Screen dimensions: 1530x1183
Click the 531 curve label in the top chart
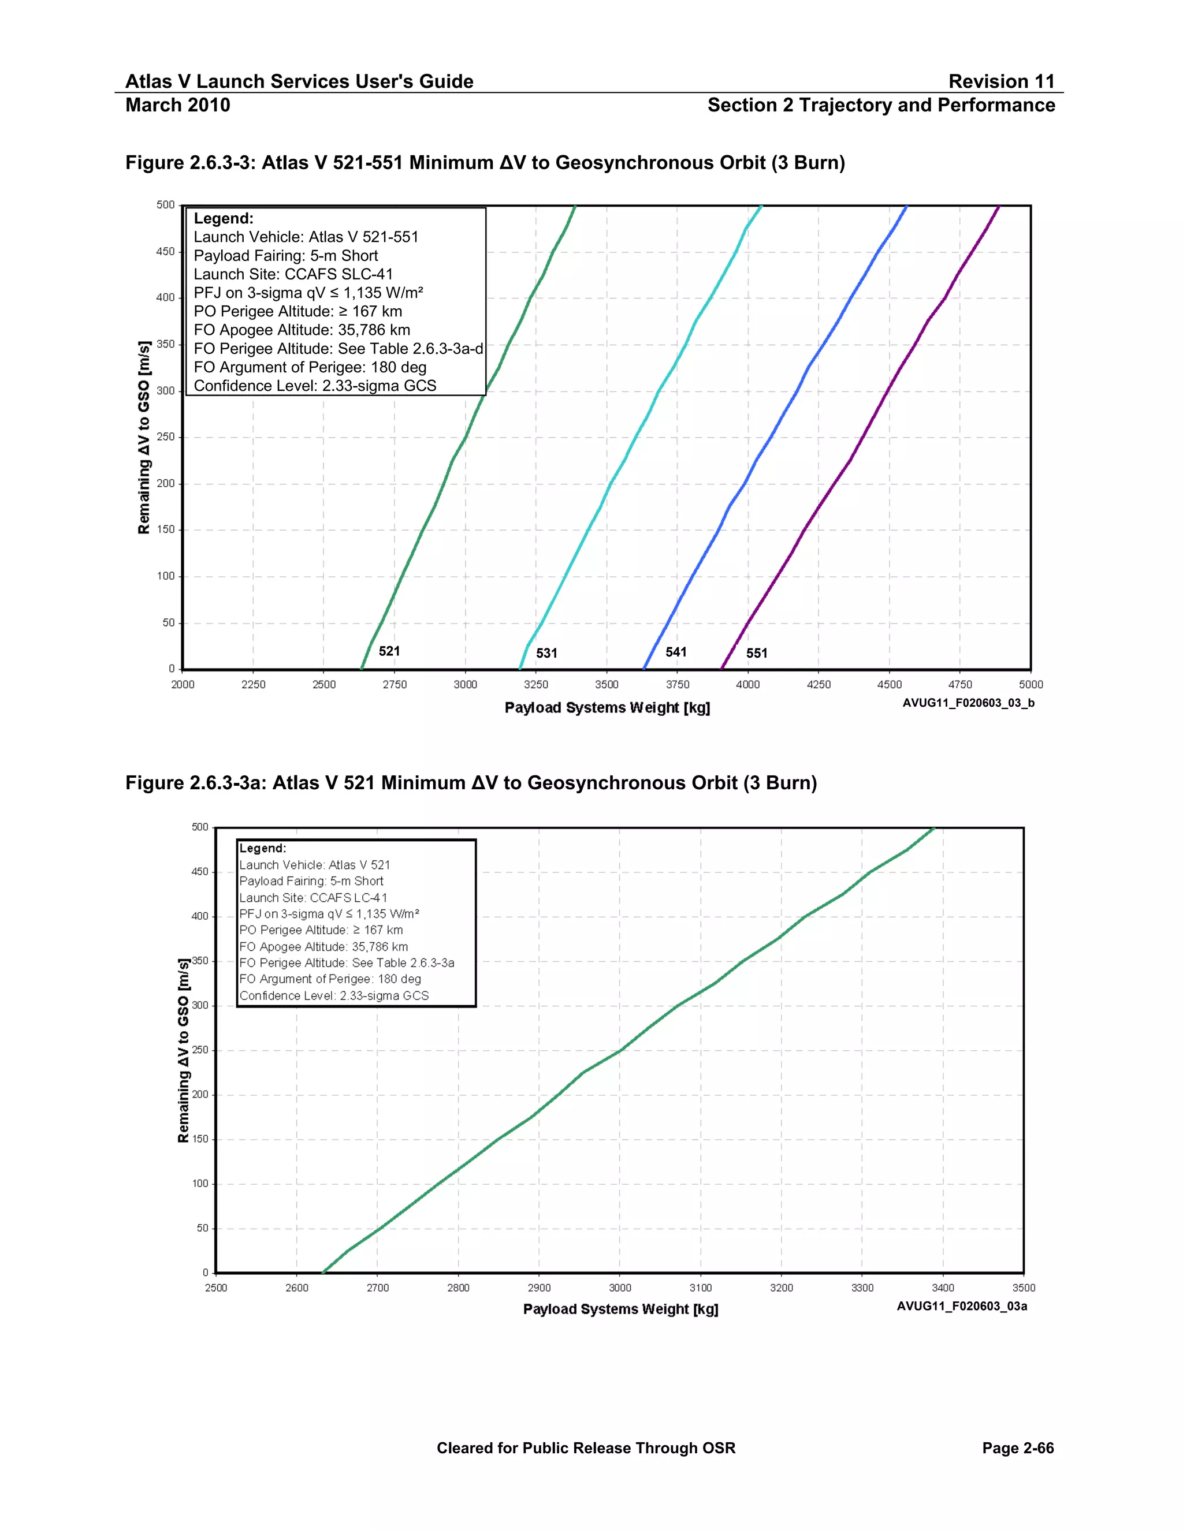click(x=546, y=653)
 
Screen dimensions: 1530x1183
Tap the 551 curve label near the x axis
click(x=757, y=653)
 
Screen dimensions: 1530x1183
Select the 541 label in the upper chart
click(x=676, y=652)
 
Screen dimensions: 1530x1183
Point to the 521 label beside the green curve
click(x=390, y=651)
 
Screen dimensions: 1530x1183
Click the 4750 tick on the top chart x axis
click(x=960, y=684)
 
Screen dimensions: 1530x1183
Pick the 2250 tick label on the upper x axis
click(x=253, y=684)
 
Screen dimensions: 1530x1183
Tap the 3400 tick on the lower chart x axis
click(x=943, y=1288)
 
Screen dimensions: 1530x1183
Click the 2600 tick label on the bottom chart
click(x=296, y=1288)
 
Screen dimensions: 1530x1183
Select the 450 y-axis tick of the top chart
click(x=165, y=252)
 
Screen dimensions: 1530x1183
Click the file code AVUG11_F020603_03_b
click(x=968, y=703)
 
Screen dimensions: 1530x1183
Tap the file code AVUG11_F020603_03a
click(x=962, y=1306)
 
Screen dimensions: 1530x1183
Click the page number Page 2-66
click(x=1018, y=1448)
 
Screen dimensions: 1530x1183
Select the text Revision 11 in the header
click(x=1001, y=81)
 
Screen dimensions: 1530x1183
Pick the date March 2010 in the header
click(x=178, y=105)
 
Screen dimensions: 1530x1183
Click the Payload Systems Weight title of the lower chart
click(x=620, y=1309)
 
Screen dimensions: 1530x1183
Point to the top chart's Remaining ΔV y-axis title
click(x=144, y=437)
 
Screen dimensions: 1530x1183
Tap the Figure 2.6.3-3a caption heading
click(x=471, y=782)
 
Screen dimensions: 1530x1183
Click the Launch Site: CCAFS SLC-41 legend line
click(x=293, y=274)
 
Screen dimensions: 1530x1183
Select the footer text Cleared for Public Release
click(x=586, y=1448)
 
